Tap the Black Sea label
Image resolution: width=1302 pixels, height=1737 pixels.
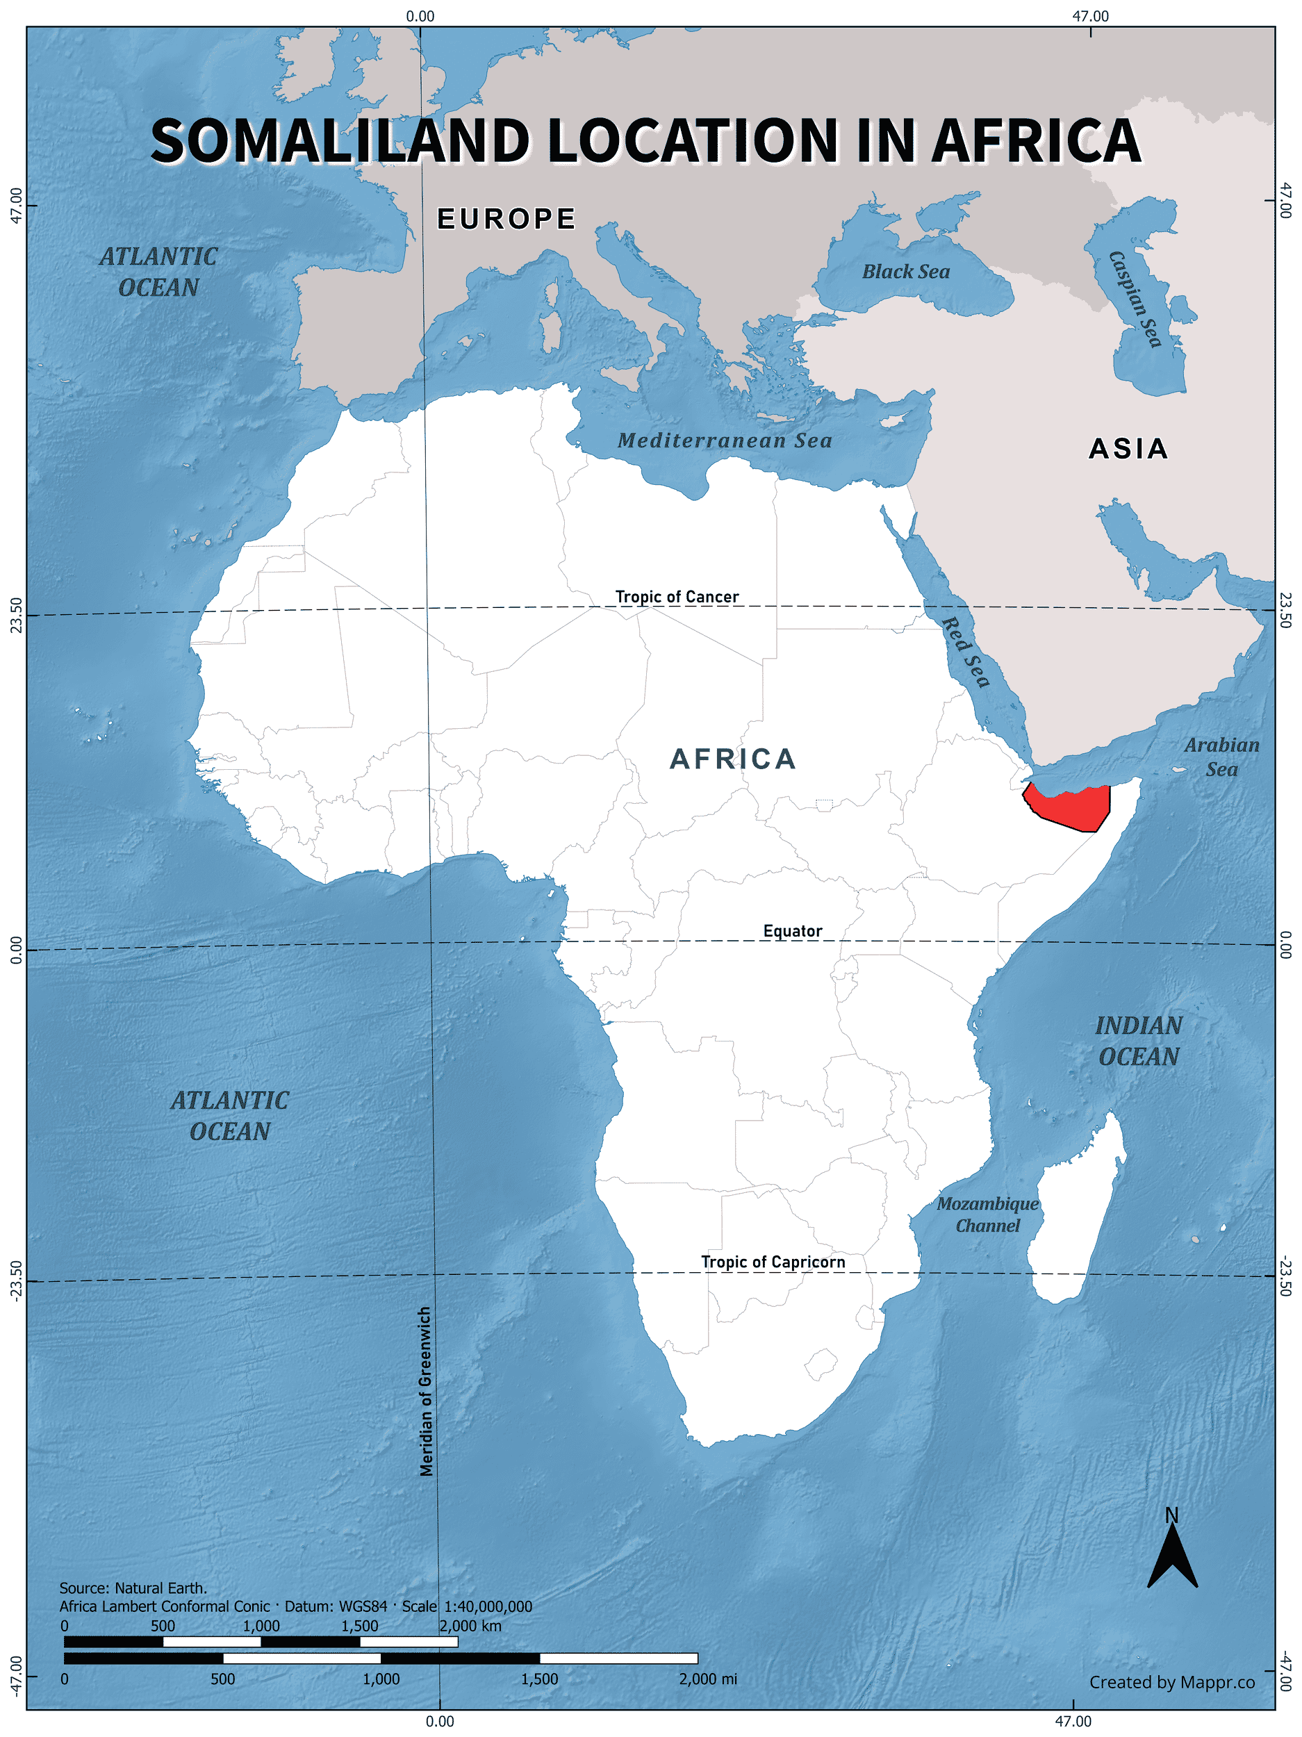coord(905,272)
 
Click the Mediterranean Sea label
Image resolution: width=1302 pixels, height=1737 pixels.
coord(724,441)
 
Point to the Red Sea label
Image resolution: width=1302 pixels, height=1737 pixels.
coord(965,652)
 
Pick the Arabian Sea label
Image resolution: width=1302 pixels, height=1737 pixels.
coord(1221,757)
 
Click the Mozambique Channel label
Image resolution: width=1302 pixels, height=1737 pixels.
coord(987,1215)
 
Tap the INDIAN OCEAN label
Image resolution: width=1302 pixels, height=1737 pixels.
coord(1138,1041)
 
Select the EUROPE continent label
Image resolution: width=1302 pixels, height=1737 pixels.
coord(506,219)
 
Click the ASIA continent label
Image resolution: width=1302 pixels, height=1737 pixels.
coord(1128,449)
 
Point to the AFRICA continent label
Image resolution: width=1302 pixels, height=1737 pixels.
coord(733,759)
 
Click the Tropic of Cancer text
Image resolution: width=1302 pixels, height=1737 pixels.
coord(676,597)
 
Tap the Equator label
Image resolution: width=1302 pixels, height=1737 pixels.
coord(792,931)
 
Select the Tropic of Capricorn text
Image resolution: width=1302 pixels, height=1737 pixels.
coord(773,1262)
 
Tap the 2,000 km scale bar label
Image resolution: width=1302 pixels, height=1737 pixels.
coord(470,1626)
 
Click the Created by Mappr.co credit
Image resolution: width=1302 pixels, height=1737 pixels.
coord(1171,1682)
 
